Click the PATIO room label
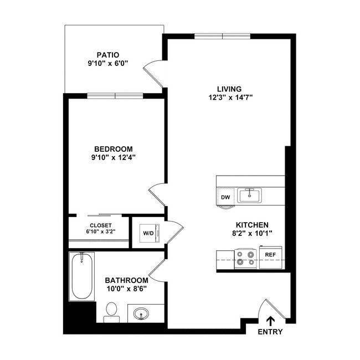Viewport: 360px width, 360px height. (x=107, y=55)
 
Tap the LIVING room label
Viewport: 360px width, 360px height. (x=229, y=89)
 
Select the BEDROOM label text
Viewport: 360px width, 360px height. (x=114, y=148)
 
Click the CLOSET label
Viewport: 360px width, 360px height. (x=100, y=225)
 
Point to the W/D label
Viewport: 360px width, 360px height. (x=148, y=233)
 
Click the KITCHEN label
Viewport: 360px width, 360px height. (x=252, y=224)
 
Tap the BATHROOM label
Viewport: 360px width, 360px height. (x=127, y=280)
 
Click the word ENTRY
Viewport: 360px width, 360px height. (x=270, y=332)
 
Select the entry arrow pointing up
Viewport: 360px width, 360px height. (x=270, y=321)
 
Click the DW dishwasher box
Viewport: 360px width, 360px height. (x=225, y=197)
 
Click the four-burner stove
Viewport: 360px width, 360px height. (x=245, y=259)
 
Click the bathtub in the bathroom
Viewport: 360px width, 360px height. (x=81, y=276)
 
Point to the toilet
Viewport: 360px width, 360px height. (x=112, y=312)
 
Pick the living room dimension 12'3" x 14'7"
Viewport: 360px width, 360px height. (x=230, y=97)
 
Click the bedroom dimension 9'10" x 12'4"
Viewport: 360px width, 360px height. (x=114, y=157)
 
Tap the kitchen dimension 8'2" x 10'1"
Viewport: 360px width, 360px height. (x=252, y=233)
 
